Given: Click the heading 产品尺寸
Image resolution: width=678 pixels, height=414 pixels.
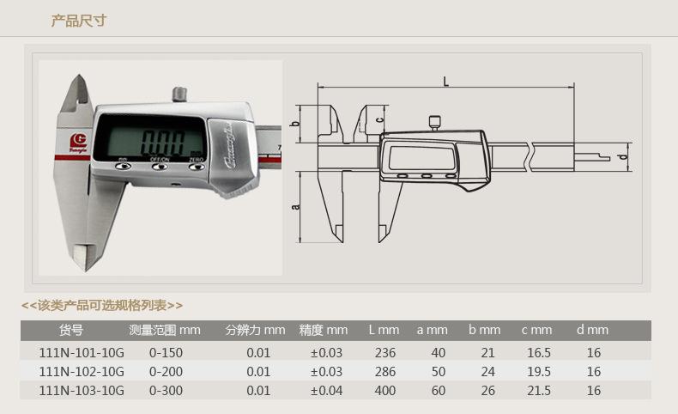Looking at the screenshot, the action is (x=79, y=21).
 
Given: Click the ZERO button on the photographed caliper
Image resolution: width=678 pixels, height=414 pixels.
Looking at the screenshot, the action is (x=197, y=166).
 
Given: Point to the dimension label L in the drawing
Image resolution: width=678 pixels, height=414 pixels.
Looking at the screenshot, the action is (x=445, y=81).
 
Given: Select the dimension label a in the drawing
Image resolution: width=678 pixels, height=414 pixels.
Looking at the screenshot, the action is (x=295, y=207).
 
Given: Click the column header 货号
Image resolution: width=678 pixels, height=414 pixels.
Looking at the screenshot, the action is (x=70, y=330).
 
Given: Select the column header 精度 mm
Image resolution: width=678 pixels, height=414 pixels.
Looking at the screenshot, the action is (x=324, y=330).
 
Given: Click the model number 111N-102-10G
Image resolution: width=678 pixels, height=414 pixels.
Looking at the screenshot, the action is (x=82, y=372).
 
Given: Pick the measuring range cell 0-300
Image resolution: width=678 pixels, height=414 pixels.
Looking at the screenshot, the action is (x=166, y=391).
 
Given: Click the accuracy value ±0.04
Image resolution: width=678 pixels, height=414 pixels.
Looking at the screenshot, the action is (x=326, y=391).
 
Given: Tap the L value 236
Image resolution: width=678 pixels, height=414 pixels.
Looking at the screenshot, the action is (x=385, y=353).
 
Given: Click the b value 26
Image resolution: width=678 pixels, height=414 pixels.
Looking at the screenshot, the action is (x=487, y=391).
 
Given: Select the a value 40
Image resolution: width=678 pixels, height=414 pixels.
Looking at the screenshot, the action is (x=439, y=353).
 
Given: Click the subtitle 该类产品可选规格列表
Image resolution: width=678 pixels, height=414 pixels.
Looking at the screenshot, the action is (x=102, y=305).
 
